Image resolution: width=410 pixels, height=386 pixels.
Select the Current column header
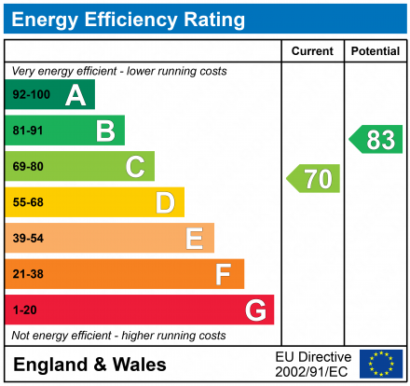[312, 51]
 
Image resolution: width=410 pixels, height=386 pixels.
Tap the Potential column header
[376, 51]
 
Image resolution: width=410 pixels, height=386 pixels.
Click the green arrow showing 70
[314, 178]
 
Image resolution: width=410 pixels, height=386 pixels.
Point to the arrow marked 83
[376, 140]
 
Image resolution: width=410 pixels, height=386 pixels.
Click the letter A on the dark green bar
[75, 95]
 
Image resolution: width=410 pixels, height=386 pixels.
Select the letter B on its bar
[104, 131]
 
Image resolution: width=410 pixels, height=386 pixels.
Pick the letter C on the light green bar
[135, 167]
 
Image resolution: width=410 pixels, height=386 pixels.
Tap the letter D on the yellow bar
[165, 202]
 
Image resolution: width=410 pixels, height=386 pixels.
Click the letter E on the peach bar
[194, 239]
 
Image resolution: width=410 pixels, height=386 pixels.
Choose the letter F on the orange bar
[224, 274]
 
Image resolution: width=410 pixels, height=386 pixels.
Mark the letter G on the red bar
[254, 310]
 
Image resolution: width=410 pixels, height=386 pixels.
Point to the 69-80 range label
[28, 167]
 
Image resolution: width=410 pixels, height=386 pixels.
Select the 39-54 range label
[28, 239]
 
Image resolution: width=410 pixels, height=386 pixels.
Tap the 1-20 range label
[24, 310]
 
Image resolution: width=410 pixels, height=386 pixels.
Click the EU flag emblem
[381, 364]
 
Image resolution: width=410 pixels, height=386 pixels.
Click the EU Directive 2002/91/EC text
[313, 364]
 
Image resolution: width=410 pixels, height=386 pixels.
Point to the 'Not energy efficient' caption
[117, 335]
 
